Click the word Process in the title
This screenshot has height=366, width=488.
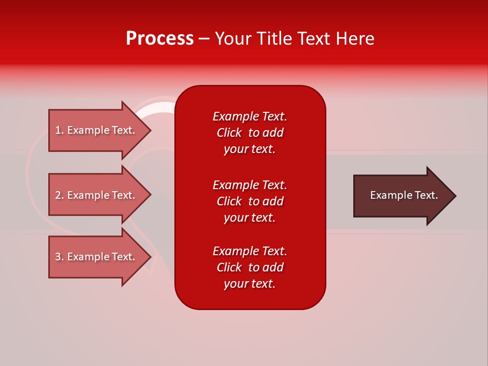pos(160,39)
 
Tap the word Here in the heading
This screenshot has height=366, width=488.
pos(354,39)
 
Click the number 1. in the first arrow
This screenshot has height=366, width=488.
pos(59,130)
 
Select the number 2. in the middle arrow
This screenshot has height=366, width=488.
pos(59,195)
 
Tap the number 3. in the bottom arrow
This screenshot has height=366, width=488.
pos(59,257)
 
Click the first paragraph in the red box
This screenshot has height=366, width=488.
pos(250,133)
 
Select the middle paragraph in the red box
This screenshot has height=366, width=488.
pos(250,201)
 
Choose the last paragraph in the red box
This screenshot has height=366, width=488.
pos(250,267)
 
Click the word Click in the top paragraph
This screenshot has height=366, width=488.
pos(229,133)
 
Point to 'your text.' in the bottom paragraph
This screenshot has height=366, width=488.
pos(250,284)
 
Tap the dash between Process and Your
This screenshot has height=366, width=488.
pos(204,39)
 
